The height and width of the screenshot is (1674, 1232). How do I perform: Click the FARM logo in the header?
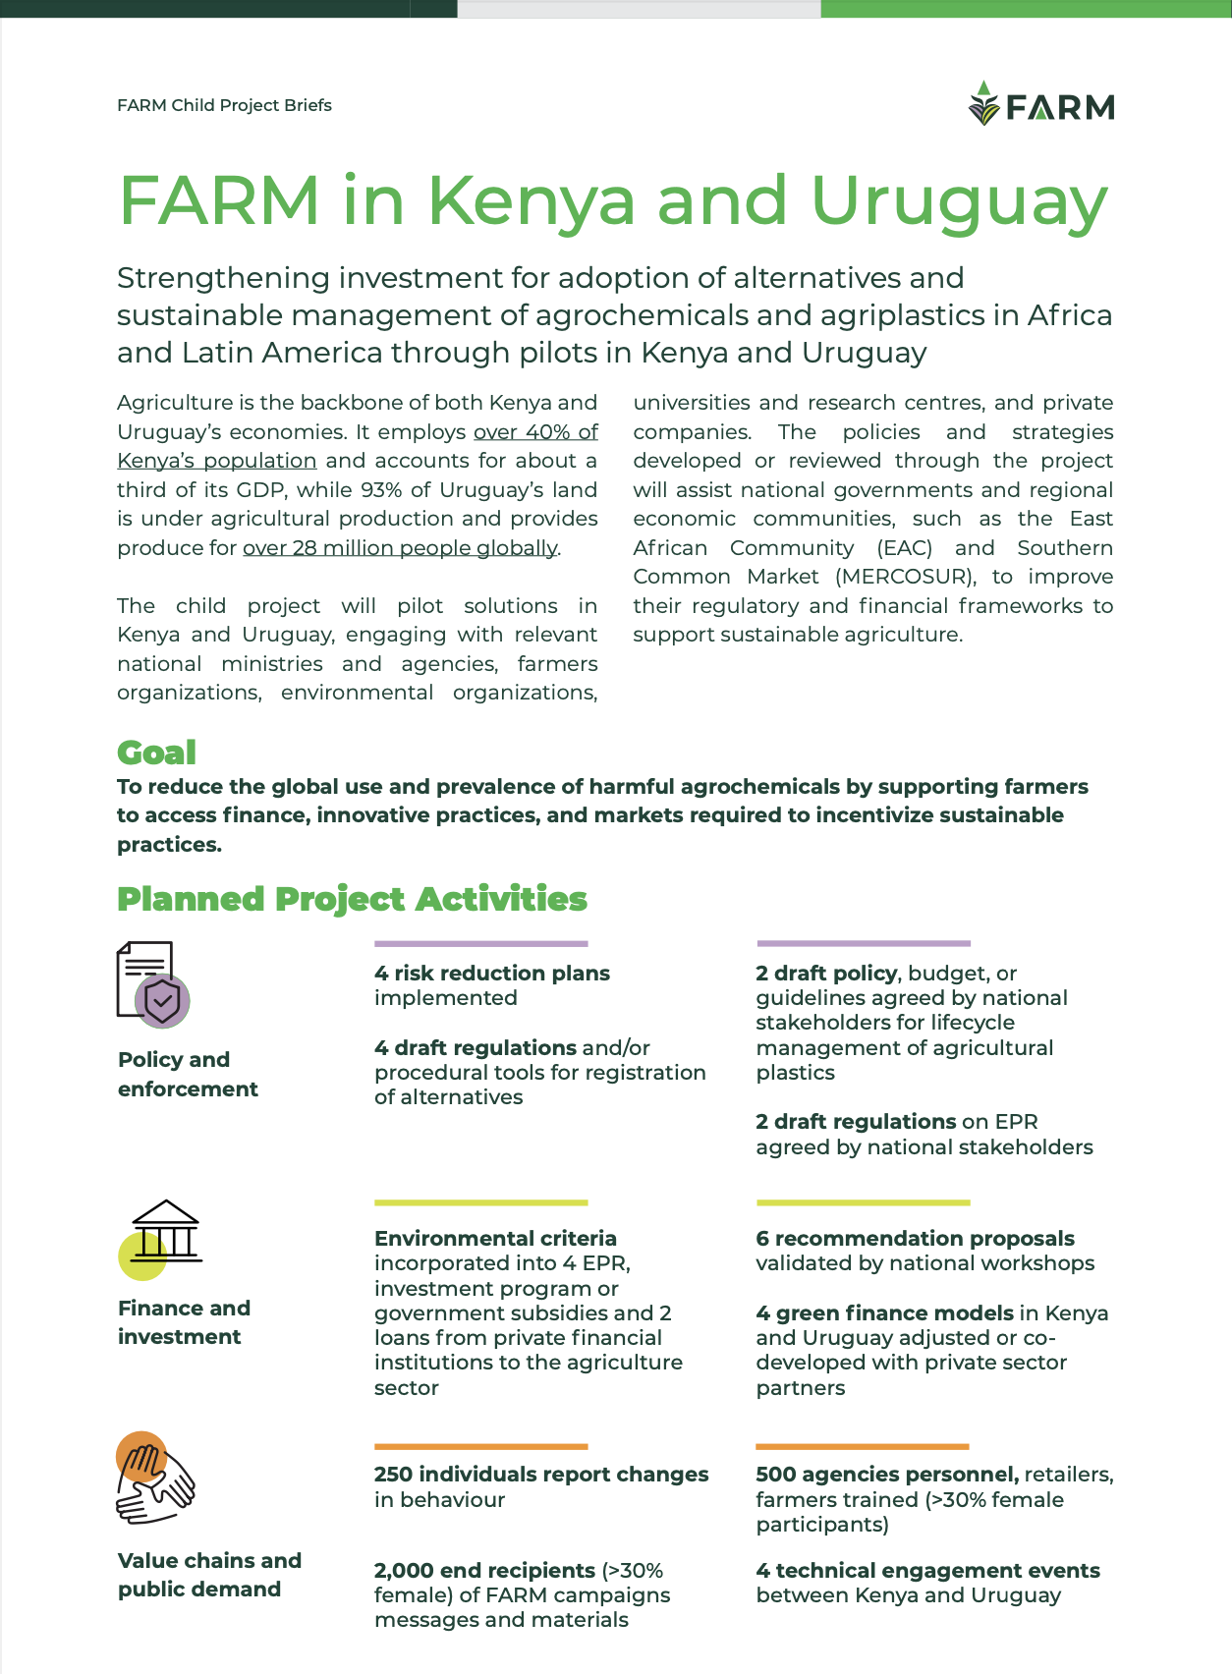[x=1041, y=104]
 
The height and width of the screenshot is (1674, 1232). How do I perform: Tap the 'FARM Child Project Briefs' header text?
[x=224, y=105]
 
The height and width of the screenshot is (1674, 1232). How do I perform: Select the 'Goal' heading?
[x=156, y=753]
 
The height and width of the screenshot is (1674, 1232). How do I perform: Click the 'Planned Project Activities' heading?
[x=352, y=899]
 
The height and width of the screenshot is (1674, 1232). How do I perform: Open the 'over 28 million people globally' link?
[x=400, y=548]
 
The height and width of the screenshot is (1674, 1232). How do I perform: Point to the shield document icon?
[x=152, y=984]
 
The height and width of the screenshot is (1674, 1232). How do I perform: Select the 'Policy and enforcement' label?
[x=188, y=1074]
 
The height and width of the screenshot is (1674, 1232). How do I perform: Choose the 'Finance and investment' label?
[x=184, y=1322]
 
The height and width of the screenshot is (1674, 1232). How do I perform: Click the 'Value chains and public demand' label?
[x=209, y=1575]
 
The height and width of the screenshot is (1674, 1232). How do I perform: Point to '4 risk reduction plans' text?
[x=492, y=974]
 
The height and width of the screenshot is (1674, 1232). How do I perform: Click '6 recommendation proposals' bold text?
[x=915, y=1239]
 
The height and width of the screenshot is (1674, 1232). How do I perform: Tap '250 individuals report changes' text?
[x=541, y=1475]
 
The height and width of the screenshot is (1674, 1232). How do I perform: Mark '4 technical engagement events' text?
[x=927, y=1571]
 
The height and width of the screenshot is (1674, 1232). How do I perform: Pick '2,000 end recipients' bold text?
[x=484, y=1571]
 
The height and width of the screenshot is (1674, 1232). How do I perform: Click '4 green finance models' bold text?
[x=884, y=1313]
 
